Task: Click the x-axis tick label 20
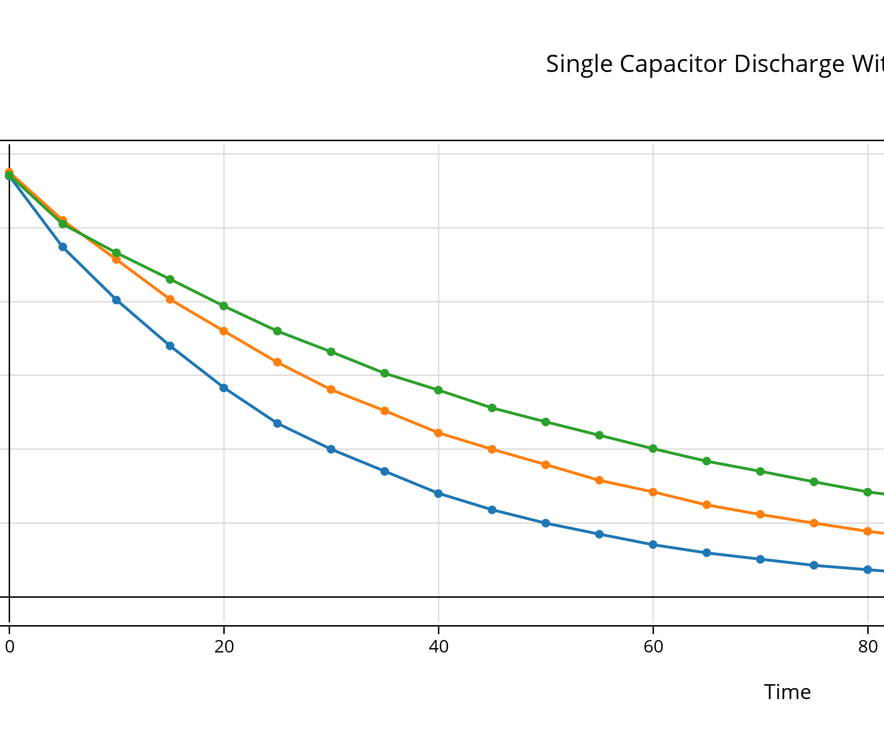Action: pos(224,647)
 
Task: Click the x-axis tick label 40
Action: pos(438,647)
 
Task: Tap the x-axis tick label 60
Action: pos(653,647)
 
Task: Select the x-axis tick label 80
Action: pos(868,647)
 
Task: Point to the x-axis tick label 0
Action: pos(9,647)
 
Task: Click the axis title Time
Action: pos(787,692)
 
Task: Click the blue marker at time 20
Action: pos(224,388)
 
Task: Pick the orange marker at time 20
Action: pos(224,331)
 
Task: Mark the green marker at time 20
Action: pos(224,306)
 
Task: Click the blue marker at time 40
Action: pos(438,494)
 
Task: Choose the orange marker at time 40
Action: pos(438,433)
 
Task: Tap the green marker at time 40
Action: pos(438,390)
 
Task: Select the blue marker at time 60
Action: pos(653,545)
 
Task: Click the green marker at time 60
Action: pos(653,449)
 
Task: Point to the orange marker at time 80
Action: pos(868,532)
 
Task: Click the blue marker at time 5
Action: pos(63,247)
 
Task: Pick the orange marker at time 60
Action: pos(653,492)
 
